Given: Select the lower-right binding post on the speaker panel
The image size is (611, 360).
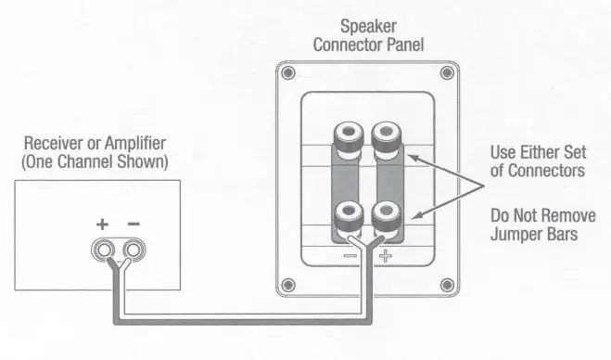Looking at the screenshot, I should point(386,218).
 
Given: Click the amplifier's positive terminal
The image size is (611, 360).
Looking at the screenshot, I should point(105,250).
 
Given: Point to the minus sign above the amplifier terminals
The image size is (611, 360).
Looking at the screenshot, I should point(134,225).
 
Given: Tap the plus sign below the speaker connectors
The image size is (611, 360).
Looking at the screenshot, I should point(386,252).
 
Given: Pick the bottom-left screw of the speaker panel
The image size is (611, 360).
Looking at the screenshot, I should point(289,284).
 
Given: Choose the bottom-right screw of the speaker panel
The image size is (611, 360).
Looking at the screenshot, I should point(447,284).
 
